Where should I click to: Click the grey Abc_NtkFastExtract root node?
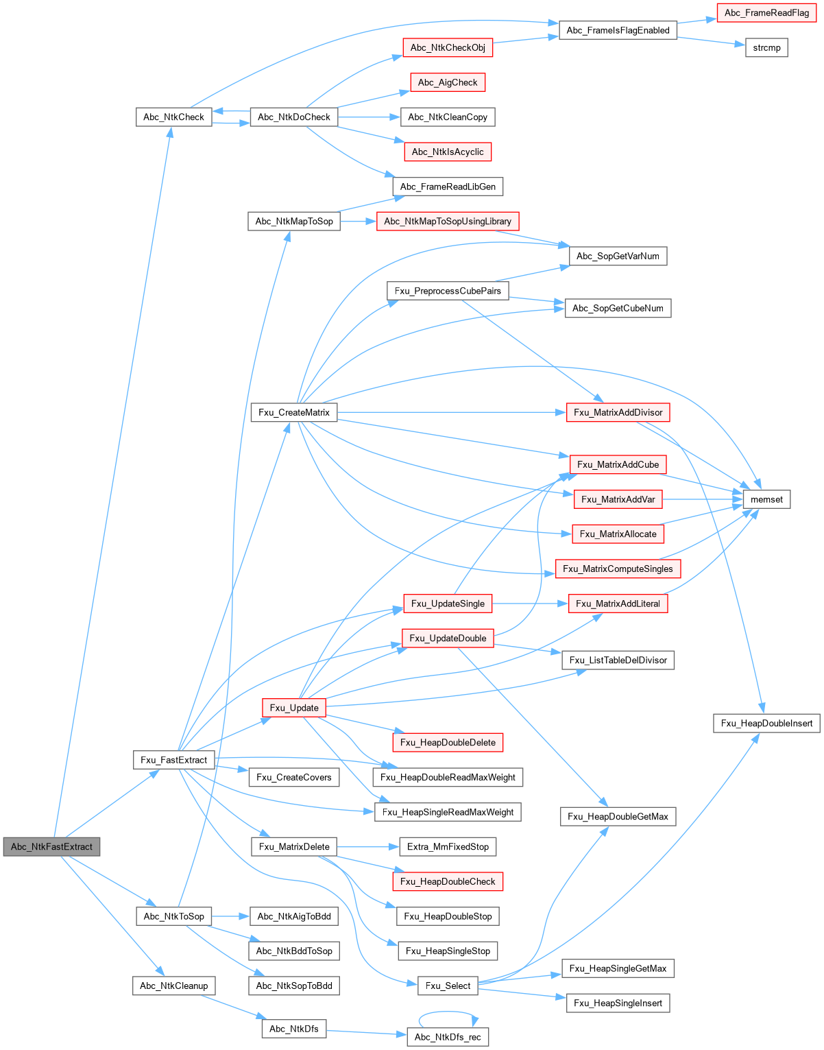[x=51, y=846]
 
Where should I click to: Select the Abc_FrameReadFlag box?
[x=766, y=13]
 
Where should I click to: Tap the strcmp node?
[x=766, y=48]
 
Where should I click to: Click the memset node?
[x=766, y=499]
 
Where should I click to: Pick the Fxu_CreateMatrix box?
[x=293, y=412]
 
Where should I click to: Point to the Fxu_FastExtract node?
[x=173, y=760]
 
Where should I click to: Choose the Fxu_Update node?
[x=293, y=708]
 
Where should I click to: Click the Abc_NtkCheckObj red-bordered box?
[x=447, y=48]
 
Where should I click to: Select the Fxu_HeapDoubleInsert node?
[x=766, y=723]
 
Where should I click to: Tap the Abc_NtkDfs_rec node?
[x=447, y=1037]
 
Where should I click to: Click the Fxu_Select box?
[x=447, y=986]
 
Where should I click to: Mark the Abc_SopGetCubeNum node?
[x=618, y=308]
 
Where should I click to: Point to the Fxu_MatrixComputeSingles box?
[x=618, y=569]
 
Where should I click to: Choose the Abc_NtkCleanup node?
[x=173, y=986]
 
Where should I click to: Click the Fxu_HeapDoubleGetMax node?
[x=618, y=816]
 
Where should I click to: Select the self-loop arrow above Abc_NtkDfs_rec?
[x=448, y=1012]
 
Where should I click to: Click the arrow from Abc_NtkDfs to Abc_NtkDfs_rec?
[x=367, y=1032]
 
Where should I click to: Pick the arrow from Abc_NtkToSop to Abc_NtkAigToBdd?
[x=230, y=916]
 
